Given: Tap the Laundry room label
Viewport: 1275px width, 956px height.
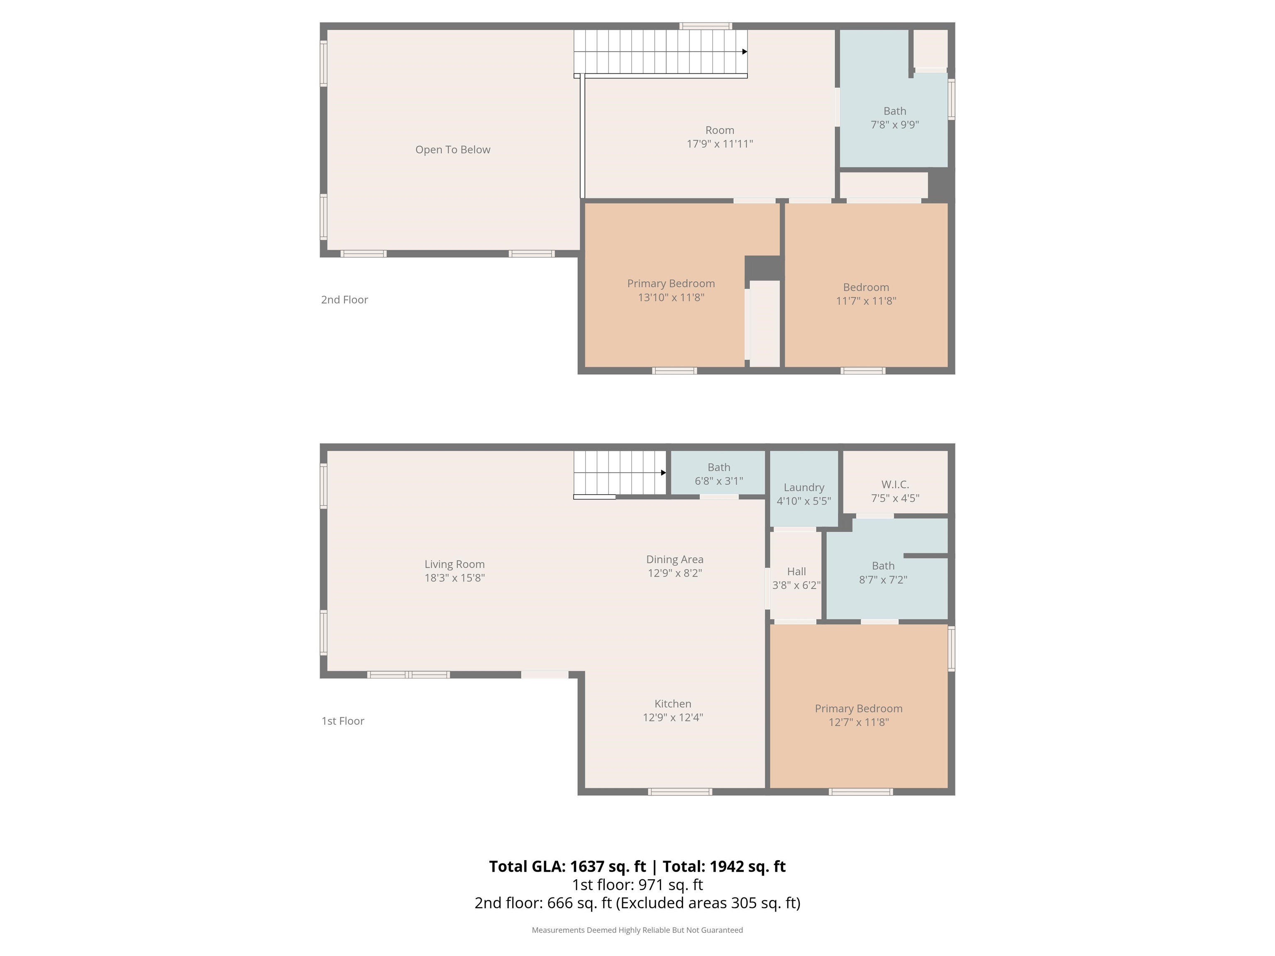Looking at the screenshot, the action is point(804,488).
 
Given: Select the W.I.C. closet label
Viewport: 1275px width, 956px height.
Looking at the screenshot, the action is point(895,485).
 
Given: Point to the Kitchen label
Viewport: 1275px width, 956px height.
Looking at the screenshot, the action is point(673,704).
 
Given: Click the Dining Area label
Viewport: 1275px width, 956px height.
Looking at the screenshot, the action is point(674,560).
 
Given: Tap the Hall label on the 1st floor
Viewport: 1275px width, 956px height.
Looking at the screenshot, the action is point(796,572).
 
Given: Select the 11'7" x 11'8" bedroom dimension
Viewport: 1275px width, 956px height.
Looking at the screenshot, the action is point(866,301).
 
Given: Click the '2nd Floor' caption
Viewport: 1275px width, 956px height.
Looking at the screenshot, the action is point(344,300).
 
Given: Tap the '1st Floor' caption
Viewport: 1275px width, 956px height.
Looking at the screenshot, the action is point(342,721).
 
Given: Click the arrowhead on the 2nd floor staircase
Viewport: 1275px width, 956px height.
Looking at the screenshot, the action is point(745,52).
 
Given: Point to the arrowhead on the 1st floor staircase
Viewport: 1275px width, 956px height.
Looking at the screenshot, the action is point(663,473).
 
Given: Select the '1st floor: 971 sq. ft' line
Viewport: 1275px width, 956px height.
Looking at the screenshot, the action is point(637,885).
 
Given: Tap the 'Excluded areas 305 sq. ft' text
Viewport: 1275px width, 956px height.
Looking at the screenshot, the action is point(708,903).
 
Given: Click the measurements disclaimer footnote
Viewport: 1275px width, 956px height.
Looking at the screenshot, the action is point(637,930).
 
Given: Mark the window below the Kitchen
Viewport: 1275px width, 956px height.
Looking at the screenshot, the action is point(680,792).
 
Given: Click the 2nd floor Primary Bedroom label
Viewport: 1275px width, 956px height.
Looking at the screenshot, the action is point(671,283).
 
